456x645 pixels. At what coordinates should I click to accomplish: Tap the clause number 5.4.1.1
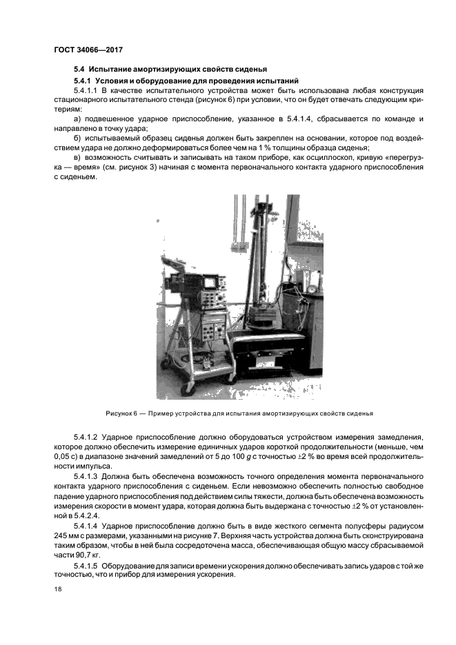point(86,90)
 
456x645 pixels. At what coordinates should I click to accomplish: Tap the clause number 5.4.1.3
point(86,475)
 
